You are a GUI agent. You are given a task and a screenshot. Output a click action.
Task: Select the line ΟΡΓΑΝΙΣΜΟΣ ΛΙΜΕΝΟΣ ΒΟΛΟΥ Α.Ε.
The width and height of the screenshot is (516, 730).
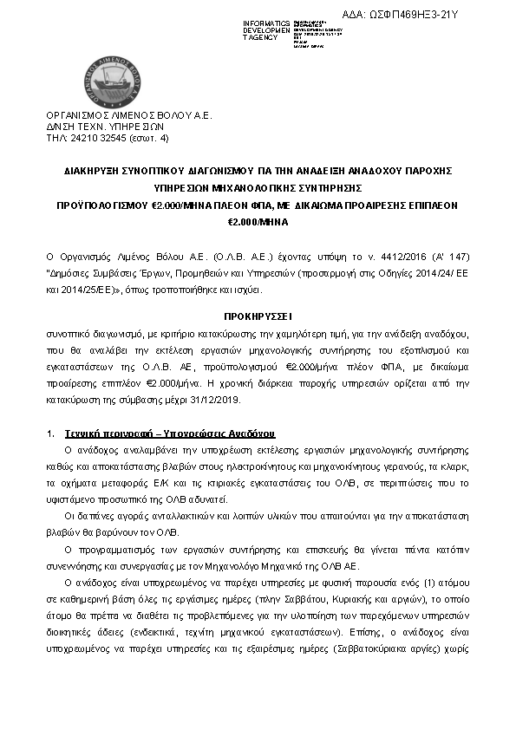[x=128, y=115]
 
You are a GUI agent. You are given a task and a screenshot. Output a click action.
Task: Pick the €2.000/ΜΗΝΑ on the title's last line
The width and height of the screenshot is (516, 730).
[x=258, y=223]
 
